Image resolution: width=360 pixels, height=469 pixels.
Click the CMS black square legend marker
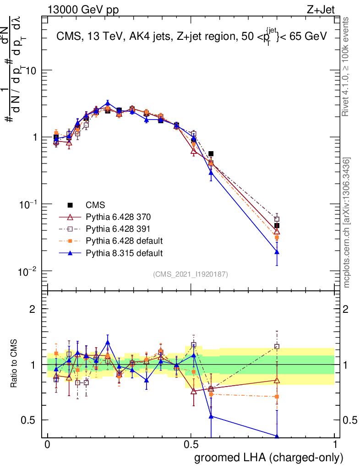pos(70,205)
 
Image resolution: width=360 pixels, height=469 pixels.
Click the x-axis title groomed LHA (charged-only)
pos(269,458)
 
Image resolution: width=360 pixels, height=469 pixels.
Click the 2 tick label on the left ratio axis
pos(33,309)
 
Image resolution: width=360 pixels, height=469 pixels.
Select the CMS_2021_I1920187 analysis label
pos(191,274)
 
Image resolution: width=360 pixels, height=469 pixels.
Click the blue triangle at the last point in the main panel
pos(277,252)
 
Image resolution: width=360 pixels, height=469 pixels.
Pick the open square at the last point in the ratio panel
pos(277,347)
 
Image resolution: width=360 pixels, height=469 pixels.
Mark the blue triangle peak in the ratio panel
pos(108,342)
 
